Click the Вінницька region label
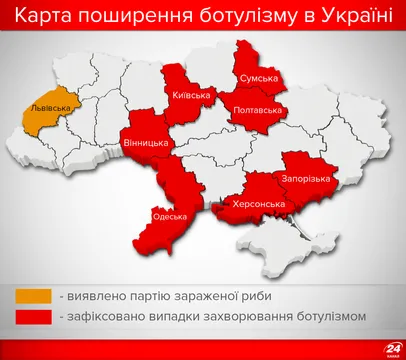(x=146, y=144)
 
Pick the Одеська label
(x=165, y=215)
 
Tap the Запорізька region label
(x=309, y=178)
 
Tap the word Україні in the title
(x=355, y=19)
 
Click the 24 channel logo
(x=381, y=340)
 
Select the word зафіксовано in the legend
(x=110, y=318)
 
